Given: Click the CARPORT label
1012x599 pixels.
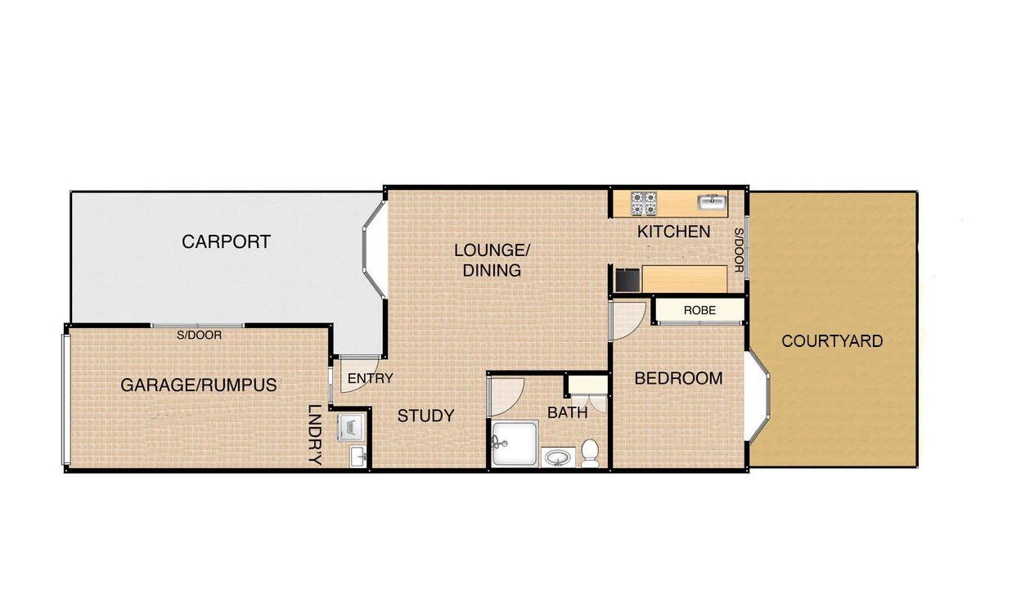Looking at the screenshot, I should (x=226, y=242).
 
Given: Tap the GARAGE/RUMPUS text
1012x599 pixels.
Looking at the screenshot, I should (x=198, y=385).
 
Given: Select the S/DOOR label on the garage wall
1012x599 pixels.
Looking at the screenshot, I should (x=200, y=335).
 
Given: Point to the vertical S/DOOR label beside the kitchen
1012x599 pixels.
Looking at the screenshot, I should (x=738, y=250).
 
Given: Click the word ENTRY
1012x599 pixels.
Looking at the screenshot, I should (x=370, y=379).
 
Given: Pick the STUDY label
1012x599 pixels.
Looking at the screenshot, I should (x=425, y=416).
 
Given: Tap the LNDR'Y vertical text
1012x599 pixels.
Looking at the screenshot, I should (x=314, y=435).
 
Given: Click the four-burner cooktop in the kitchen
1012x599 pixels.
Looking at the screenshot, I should (x=643, y=202).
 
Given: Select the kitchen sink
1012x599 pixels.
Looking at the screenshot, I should (x=712, y=201).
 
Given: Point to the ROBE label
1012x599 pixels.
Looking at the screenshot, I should (x=699, y=311).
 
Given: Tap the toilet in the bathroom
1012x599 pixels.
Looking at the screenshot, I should (x=590, y=452).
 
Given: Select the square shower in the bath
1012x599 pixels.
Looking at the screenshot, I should (x=515, y=444).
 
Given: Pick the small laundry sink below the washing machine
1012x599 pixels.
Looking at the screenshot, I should (x=358, y=456).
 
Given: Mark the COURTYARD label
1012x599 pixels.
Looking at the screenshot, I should (x=832, y=341).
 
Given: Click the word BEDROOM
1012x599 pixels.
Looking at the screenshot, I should (x=678, y=378).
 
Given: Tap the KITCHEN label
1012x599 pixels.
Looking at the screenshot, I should (x=673, y=232).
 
